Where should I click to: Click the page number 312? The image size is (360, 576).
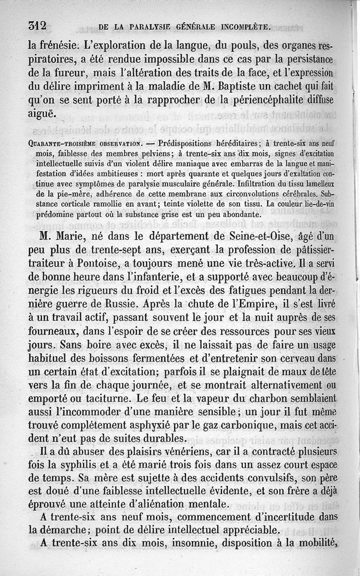[x=37, y=26]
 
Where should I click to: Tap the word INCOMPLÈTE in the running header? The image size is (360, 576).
[x=246, y=27]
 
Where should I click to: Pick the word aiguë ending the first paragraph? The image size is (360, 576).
[x=42, y=114]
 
